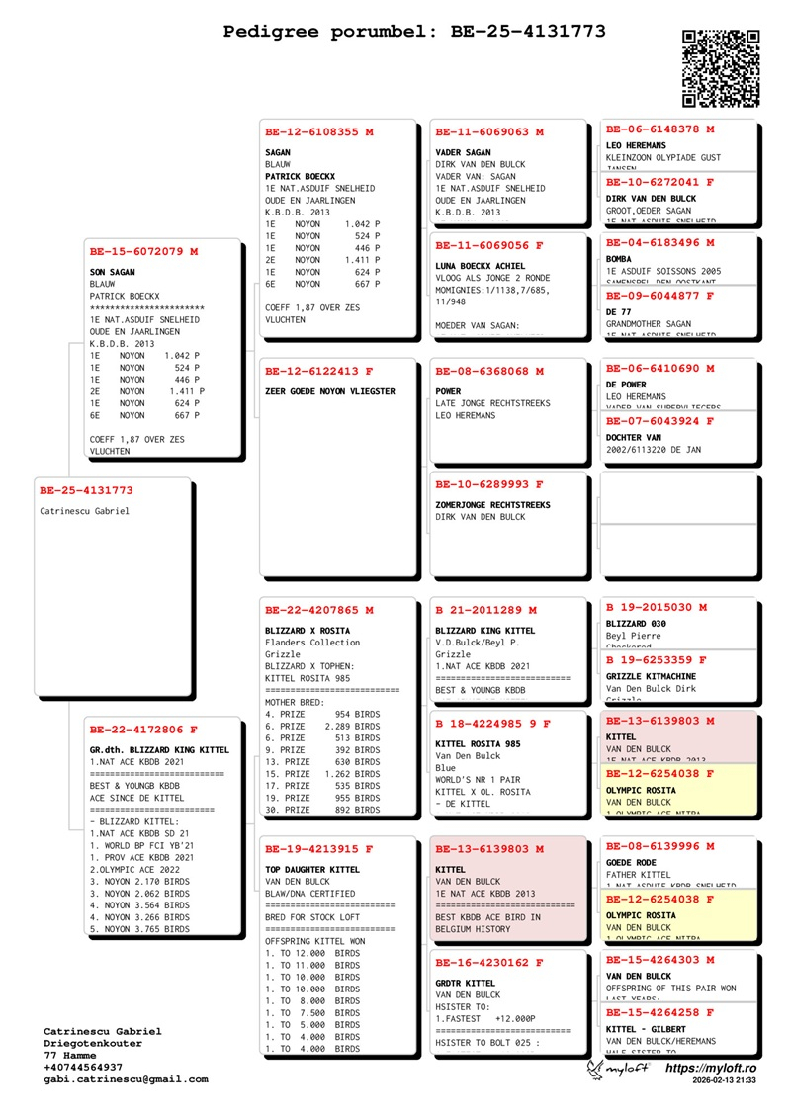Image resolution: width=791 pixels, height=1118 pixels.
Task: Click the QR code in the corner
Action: click(721, 68)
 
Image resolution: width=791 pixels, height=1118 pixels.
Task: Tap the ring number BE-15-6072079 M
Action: click(143, 252)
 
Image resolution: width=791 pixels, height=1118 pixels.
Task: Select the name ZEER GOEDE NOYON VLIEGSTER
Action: click(330, 391)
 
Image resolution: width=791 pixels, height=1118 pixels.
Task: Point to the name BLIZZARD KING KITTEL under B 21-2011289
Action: click(485, 630)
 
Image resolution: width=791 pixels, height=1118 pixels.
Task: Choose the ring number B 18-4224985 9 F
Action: click(492, 724)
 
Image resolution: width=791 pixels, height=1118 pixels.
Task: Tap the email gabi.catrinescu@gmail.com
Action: click(126, 1079)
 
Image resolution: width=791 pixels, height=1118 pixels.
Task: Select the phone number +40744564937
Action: click(83, 1068)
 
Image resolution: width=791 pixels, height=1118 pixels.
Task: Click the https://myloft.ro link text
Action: click(711, 1069)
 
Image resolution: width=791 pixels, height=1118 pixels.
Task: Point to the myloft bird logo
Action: click(595, 1070)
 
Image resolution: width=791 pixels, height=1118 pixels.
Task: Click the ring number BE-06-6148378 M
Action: click(659, 129)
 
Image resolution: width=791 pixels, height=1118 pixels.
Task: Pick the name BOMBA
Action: click(620, 258)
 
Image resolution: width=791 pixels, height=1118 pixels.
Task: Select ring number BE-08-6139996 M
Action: click(659, 846)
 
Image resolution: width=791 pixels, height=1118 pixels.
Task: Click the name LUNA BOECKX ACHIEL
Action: click(481, 266)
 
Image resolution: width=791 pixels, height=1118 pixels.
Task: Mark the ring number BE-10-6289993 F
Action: click(489, 484)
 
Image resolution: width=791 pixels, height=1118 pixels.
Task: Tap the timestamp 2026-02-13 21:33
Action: click(725, 1081)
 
